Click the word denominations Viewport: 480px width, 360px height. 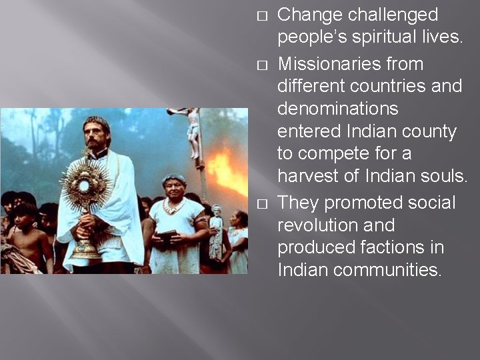[x=338, y=109]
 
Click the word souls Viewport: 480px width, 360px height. [x=444, y=177]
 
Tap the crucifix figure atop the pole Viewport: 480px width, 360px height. [x=193, y=130]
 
